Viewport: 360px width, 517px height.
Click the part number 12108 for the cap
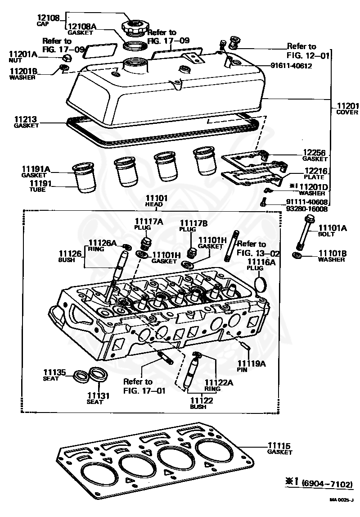point(47,18)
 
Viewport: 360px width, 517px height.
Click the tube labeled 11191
point(84,182)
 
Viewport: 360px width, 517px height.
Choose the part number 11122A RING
point(212,385)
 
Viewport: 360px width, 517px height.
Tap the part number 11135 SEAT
point(54,375)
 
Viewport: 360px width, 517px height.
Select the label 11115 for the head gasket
point(279,448)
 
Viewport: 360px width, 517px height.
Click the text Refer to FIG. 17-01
point(144,386)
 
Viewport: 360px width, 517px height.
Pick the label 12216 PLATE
point(315,174)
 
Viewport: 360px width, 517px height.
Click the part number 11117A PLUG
point(144,223)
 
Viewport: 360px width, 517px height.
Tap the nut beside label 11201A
point(66,58)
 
